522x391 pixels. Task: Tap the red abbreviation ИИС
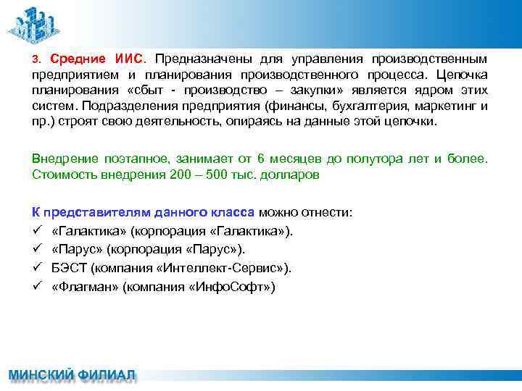131,58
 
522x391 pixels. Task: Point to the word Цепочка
463,74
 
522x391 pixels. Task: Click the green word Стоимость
60,175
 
